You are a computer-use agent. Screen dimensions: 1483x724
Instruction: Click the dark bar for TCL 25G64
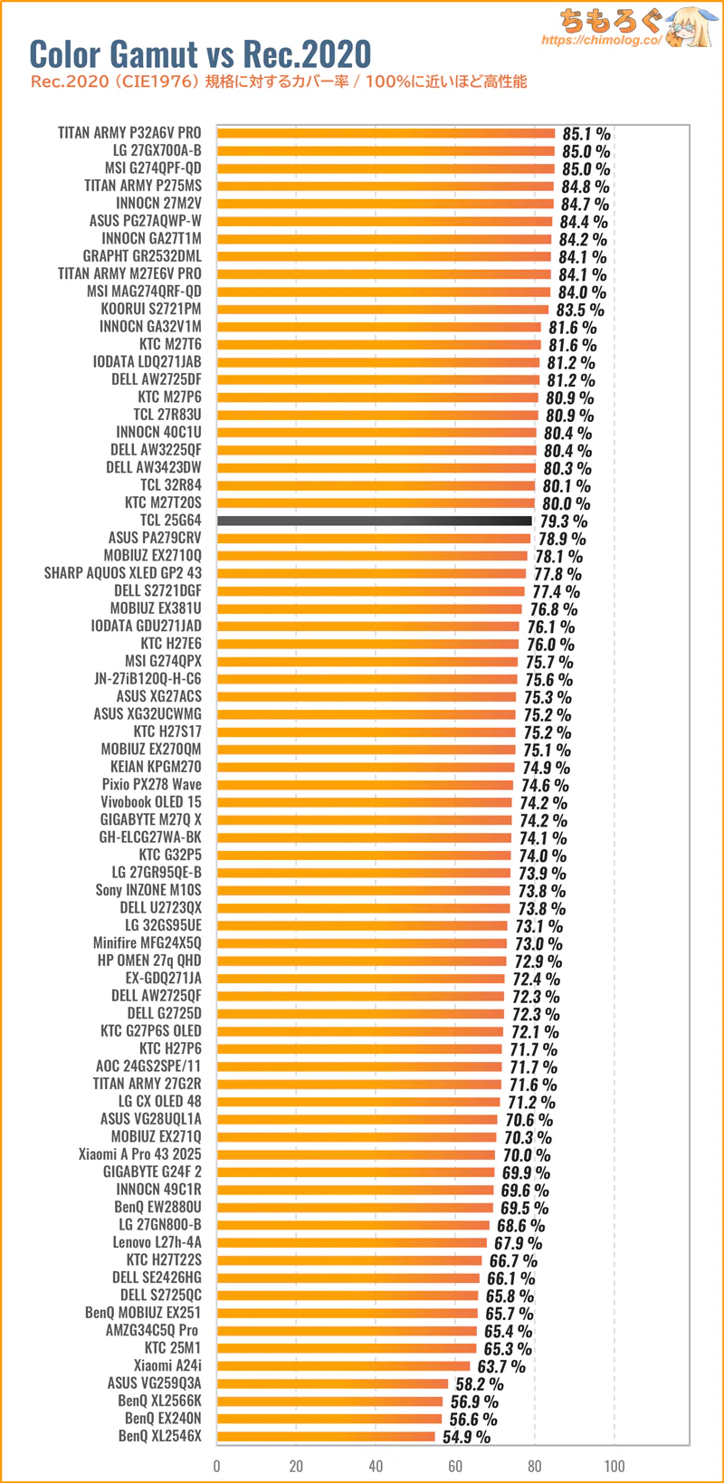pyautogui.click(x=375, y=521)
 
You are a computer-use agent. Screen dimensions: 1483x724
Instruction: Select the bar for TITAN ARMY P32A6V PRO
pyautogui.click(x=386, y=133)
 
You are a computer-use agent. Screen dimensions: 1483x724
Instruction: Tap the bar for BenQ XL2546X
pyautogui.click(x=326, y=1437)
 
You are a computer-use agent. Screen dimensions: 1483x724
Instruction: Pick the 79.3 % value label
pyautogui.click(x=563, y=521)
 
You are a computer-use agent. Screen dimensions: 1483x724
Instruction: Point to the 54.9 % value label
pyautogui.click(x=466, y=1438)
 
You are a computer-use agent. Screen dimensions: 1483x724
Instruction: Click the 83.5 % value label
pyautogui.click(x=580, y=310)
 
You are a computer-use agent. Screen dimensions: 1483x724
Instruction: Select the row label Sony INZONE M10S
pyautogui.click(x=148, y=890)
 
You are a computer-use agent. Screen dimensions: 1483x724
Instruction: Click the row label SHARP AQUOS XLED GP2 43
pyautogui.click(x=123, y=573)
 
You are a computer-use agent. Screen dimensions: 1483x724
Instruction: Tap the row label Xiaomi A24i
pyautogui.click(x=167, y=1366)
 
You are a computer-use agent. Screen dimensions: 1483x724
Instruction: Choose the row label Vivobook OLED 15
pyautogui.click(x=151, y=802)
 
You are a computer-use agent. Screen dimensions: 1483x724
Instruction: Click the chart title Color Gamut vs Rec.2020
pyautogui.click(x=200, y=54)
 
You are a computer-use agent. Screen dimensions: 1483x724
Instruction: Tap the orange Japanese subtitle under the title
pyautogui.click(x=279, y=82)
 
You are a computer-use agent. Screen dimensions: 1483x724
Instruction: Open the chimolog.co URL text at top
pyautogui.click(x=602, y=41)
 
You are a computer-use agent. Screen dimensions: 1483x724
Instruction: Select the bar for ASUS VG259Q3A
pyautogui.click(x=333, y=1383)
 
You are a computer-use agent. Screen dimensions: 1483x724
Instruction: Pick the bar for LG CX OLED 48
pyautogui.click(x=358, y=1102)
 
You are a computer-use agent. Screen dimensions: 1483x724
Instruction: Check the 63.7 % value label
pyautogui.click(x=501, y=1367)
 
